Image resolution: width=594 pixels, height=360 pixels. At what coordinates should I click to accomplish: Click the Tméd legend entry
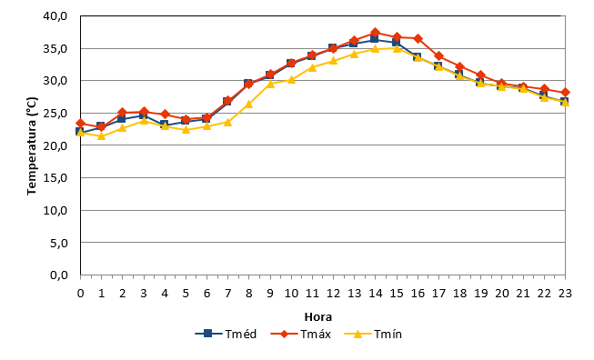[226, 334]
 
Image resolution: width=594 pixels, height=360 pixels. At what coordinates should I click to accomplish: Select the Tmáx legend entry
[301, 334]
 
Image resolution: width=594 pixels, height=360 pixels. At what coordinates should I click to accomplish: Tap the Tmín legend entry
[373, 334]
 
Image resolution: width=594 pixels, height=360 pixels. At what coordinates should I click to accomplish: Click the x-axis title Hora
[318, 317]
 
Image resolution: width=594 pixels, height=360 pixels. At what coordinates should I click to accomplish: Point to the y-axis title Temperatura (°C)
[32, 146]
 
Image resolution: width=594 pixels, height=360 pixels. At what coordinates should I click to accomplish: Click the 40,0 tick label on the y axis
[55, 16]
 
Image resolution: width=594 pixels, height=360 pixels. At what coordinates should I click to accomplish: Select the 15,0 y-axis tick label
[55, 177]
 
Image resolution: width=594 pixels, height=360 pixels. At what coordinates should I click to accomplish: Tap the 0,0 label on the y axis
[59, 275]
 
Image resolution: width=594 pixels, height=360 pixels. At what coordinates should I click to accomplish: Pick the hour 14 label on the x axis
[376, 294]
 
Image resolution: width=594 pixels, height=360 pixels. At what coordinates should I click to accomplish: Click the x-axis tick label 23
[565, 294]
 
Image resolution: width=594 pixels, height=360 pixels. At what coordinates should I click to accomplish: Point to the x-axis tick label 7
[227, 294]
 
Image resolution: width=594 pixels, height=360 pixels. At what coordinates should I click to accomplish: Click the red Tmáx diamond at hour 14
[376, 33]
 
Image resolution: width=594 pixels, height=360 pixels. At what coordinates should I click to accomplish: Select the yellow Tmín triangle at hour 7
[227, 122]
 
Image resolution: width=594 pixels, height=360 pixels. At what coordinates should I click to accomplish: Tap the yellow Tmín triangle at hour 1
[101, 135]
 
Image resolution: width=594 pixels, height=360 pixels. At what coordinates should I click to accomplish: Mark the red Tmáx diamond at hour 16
[418, 38]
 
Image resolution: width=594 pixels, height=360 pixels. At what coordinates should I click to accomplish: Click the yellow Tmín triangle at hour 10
[291, 79]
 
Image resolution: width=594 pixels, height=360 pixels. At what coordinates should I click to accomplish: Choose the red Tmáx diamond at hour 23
[565, 93]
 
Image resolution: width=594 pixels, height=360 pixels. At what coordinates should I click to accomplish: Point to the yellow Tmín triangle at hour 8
[249, 104]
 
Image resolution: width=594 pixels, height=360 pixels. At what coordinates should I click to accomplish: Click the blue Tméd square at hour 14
[375, 38]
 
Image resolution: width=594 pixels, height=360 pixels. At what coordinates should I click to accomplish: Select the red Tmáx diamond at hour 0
[80, 124]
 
